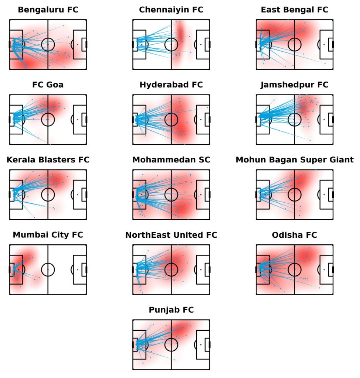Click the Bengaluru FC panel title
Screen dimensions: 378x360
coord(48,10)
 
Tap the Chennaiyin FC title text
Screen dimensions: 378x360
coord(171,10)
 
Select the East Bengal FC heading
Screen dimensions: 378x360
coord(294,10)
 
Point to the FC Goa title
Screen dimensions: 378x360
coord(48,85)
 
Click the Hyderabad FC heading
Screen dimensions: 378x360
coord(171,85)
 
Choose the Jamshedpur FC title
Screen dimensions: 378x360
coord(294,85)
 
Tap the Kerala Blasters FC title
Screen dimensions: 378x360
coord(48,160)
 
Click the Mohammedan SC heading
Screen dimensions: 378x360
coord(171,160)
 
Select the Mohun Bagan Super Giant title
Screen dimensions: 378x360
coord(294,160)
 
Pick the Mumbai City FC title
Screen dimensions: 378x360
coord(48,235)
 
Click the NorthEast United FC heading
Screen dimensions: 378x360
coord(171,235)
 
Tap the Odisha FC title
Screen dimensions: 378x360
coord(294,235)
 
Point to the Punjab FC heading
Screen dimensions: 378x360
coord(171,310)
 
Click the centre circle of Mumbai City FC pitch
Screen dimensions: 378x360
coord(48,269)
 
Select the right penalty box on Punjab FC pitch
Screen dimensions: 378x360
coord(203,344)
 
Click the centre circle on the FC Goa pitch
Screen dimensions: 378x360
coord(48,119)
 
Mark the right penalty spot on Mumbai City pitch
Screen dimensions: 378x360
coord(78,269)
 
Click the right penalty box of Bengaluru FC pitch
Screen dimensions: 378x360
coord(80,44)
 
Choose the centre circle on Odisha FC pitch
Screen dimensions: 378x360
coord(294,269)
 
